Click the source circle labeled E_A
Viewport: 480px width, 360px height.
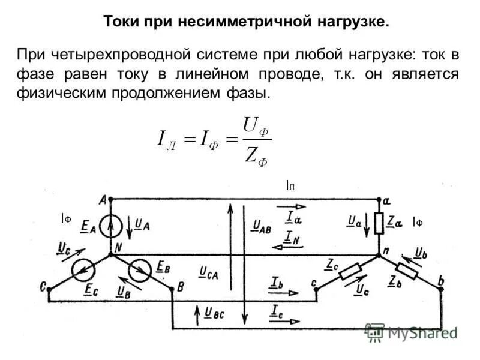point(110,226)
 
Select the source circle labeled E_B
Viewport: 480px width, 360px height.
point(142,272)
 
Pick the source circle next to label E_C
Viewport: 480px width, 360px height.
point(84,272)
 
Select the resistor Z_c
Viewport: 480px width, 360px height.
point(350,273)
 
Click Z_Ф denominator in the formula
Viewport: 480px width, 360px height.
point(254,157)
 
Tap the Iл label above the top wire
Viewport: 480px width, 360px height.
point(290,186)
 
